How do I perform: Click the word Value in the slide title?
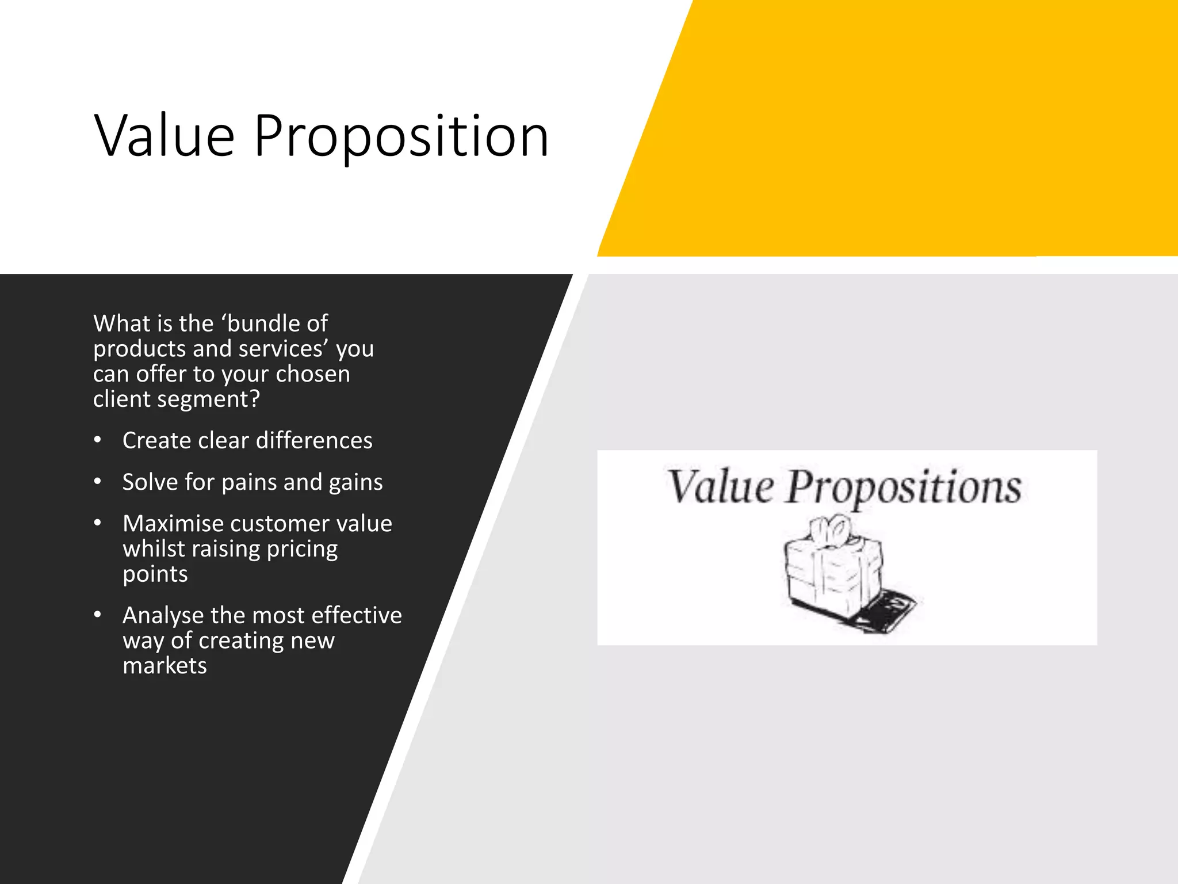tap(165, 136)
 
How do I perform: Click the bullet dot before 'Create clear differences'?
tap(98, 440)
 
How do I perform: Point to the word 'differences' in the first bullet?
tap(314, 441)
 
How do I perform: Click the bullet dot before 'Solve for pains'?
tap(98, 481)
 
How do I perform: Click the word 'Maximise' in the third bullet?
tap(173, 524)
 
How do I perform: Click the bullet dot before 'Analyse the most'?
tap(98, 615)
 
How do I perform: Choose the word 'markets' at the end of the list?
tap(165, 666)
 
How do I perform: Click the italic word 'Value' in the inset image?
tap(720, 487)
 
